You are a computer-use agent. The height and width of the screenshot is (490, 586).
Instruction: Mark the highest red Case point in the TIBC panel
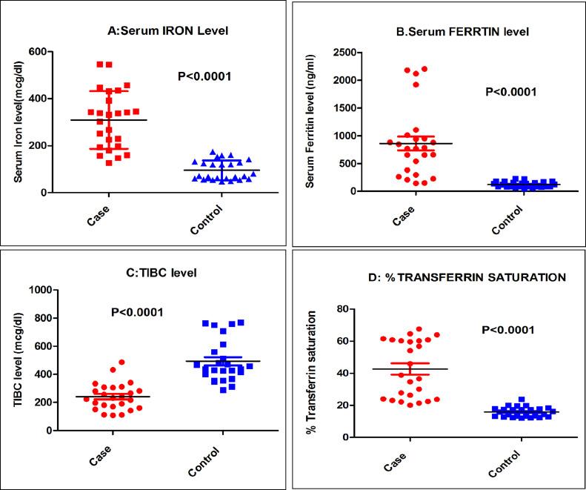point(121,362)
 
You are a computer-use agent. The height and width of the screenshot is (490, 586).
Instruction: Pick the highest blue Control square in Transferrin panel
point(521,400)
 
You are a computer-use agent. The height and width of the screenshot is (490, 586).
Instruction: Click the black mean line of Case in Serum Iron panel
point(110,120)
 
